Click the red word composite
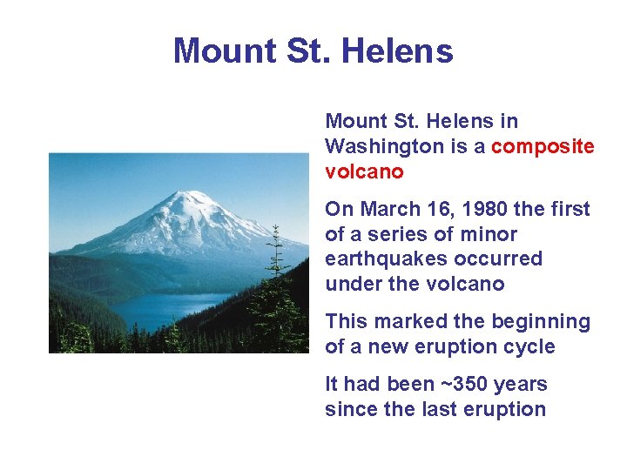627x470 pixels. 543,146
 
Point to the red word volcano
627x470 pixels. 364,171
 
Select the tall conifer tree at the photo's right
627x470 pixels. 276,287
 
